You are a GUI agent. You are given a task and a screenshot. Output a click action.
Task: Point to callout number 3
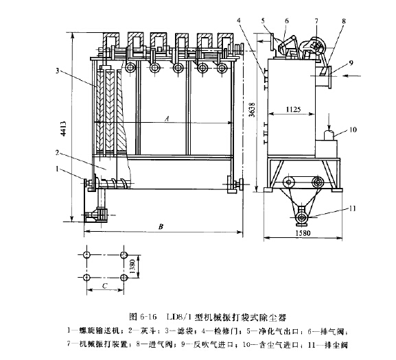click(x=60, y=70)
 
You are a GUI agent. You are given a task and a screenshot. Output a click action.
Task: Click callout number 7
click(x=316, y=20)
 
